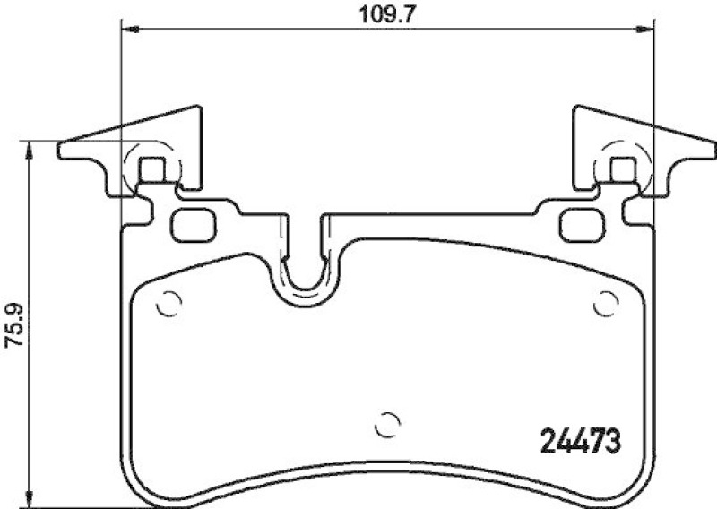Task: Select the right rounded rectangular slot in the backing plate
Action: pos(578,223)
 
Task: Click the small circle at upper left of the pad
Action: pos(166,305)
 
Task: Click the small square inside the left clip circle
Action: pos(154,168)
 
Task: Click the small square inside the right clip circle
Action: pos(620,168)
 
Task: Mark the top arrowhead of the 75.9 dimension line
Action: pos(31,148)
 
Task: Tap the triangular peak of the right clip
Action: pos(575,107)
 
